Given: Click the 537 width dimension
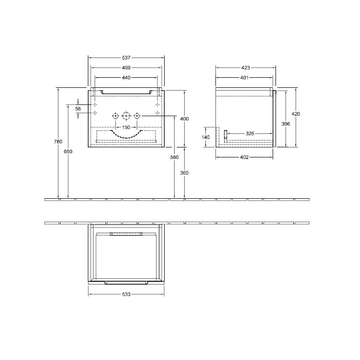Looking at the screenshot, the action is pos(126,58).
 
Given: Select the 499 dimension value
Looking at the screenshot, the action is pos(126,68).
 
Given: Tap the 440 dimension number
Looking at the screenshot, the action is pos(126,78).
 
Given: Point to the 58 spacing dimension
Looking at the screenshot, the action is pos(78,108).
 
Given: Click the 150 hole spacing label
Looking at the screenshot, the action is pos(126,127).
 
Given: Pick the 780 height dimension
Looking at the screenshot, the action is pos(58,142).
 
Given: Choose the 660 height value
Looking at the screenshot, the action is pos(68,152).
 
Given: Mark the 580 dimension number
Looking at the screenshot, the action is pos(175,157).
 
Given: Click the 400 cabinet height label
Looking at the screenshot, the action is pos(184,119).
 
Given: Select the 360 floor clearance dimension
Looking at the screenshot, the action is pos(184,173).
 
